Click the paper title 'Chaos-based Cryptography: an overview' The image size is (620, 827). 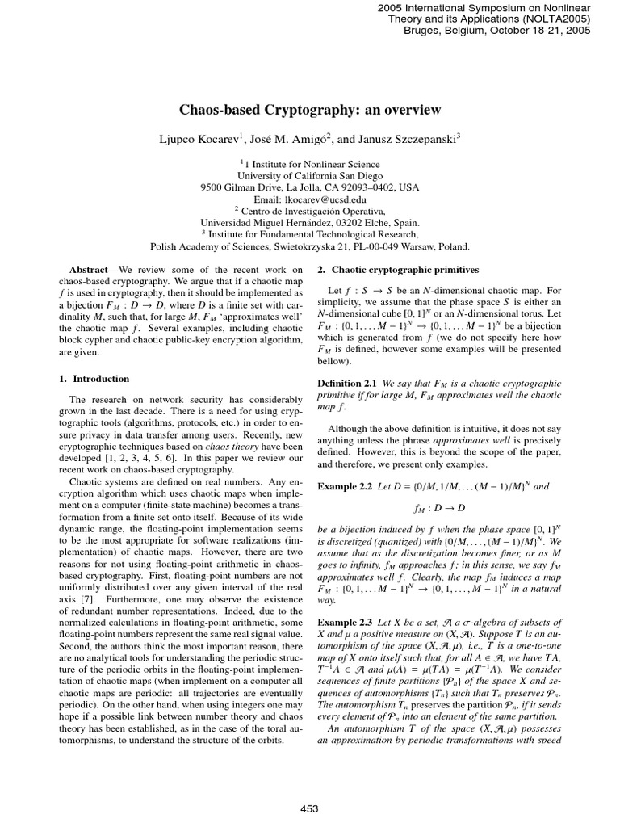click(x=310, y=111)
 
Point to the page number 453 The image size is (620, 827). click(x=310, y=808)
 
